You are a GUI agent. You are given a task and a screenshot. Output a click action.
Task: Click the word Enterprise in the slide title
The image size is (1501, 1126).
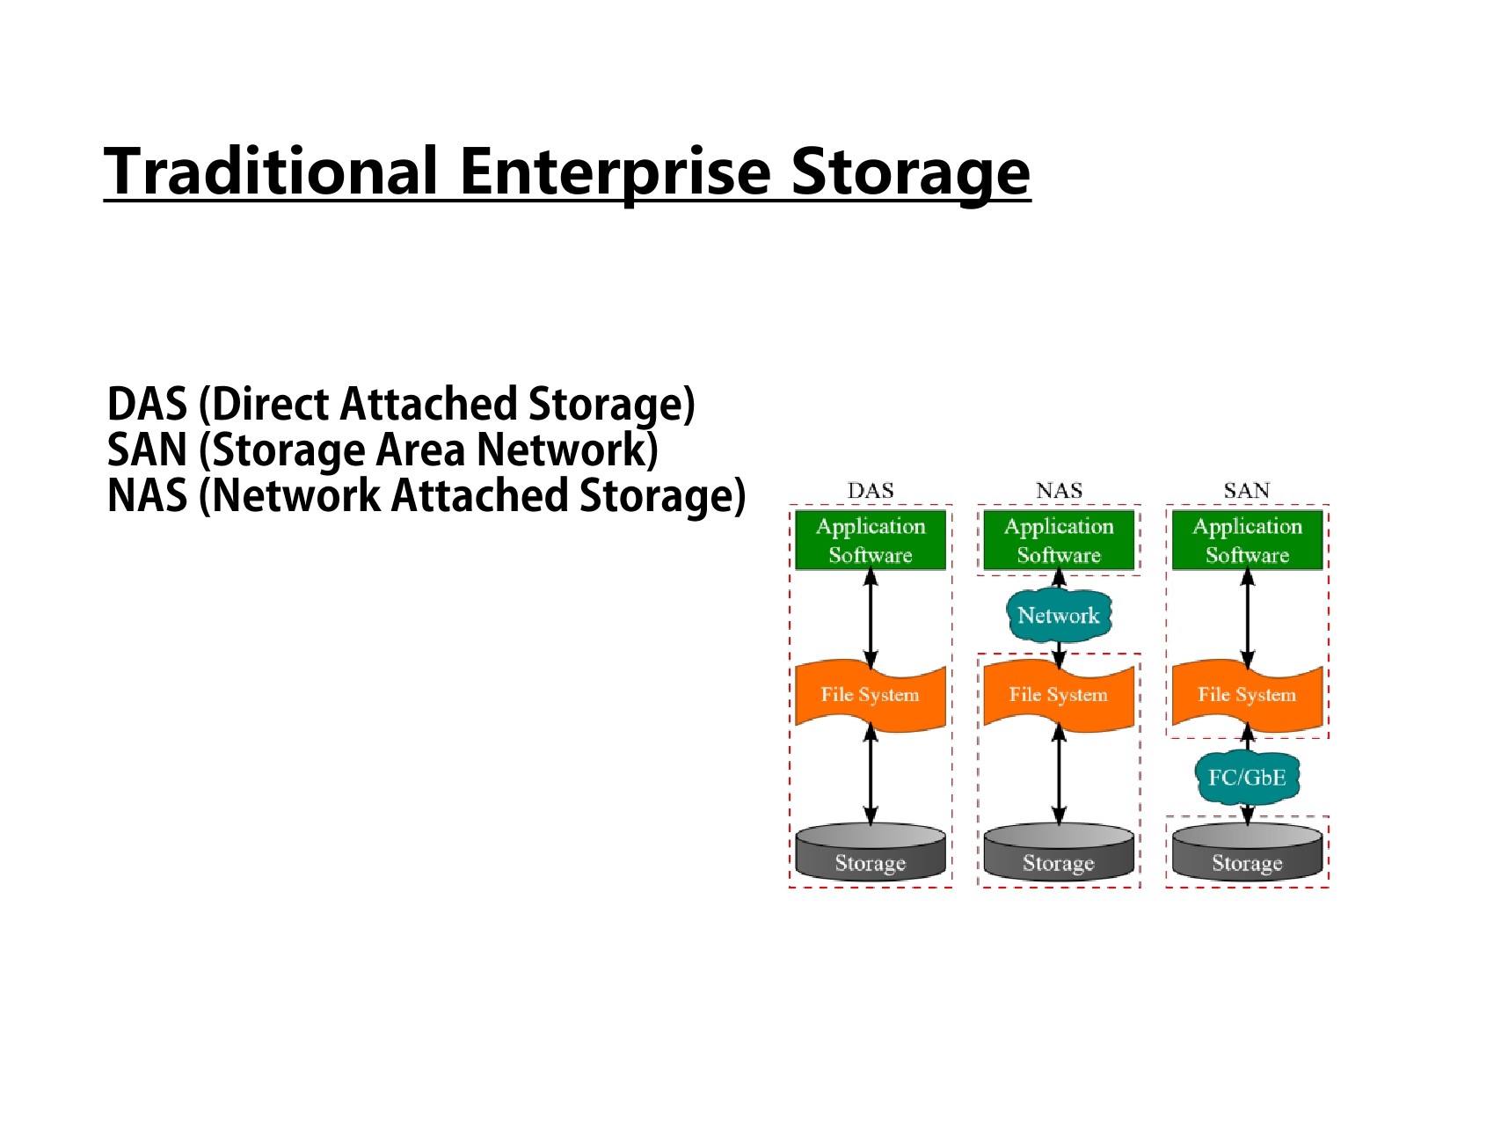pos(614,172)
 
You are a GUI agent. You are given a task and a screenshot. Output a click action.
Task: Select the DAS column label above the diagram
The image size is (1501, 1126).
pos(871,491)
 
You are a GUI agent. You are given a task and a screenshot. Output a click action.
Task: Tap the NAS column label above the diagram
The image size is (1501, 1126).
pos(1059,491)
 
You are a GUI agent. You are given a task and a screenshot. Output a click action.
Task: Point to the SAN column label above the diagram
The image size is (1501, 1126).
pos(1247,491)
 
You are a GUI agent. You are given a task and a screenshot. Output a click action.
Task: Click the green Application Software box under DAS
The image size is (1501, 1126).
pos(871,540)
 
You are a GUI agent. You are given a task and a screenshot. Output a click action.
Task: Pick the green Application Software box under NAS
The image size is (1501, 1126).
pos(1059,540)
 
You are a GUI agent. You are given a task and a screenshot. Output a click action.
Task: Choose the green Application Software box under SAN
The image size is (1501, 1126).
pos(1247,540)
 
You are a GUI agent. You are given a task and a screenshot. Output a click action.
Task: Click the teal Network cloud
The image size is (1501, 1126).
pos(1059,615)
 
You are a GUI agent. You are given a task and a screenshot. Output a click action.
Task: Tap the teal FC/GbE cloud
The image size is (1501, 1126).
pos(1247,778)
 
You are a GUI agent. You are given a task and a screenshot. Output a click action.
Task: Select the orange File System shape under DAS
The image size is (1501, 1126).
pos(871,696)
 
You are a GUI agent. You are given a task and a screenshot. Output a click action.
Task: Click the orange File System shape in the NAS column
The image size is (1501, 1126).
pos(1059,696)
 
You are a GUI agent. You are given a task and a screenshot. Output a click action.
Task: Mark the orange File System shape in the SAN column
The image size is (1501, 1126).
pos(1247,696)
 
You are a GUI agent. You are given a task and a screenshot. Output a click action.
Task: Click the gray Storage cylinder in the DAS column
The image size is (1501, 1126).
pos(871,851)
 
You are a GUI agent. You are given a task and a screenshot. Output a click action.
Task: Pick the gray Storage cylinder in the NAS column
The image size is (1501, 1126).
pos(1059,851)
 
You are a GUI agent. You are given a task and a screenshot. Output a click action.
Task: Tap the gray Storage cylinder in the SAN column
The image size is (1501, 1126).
pos(1247,851)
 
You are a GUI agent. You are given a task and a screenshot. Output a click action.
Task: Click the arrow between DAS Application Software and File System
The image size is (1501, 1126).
pos(871,619)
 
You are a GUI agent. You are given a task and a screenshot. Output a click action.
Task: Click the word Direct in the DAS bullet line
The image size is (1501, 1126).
pos(272,404)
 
